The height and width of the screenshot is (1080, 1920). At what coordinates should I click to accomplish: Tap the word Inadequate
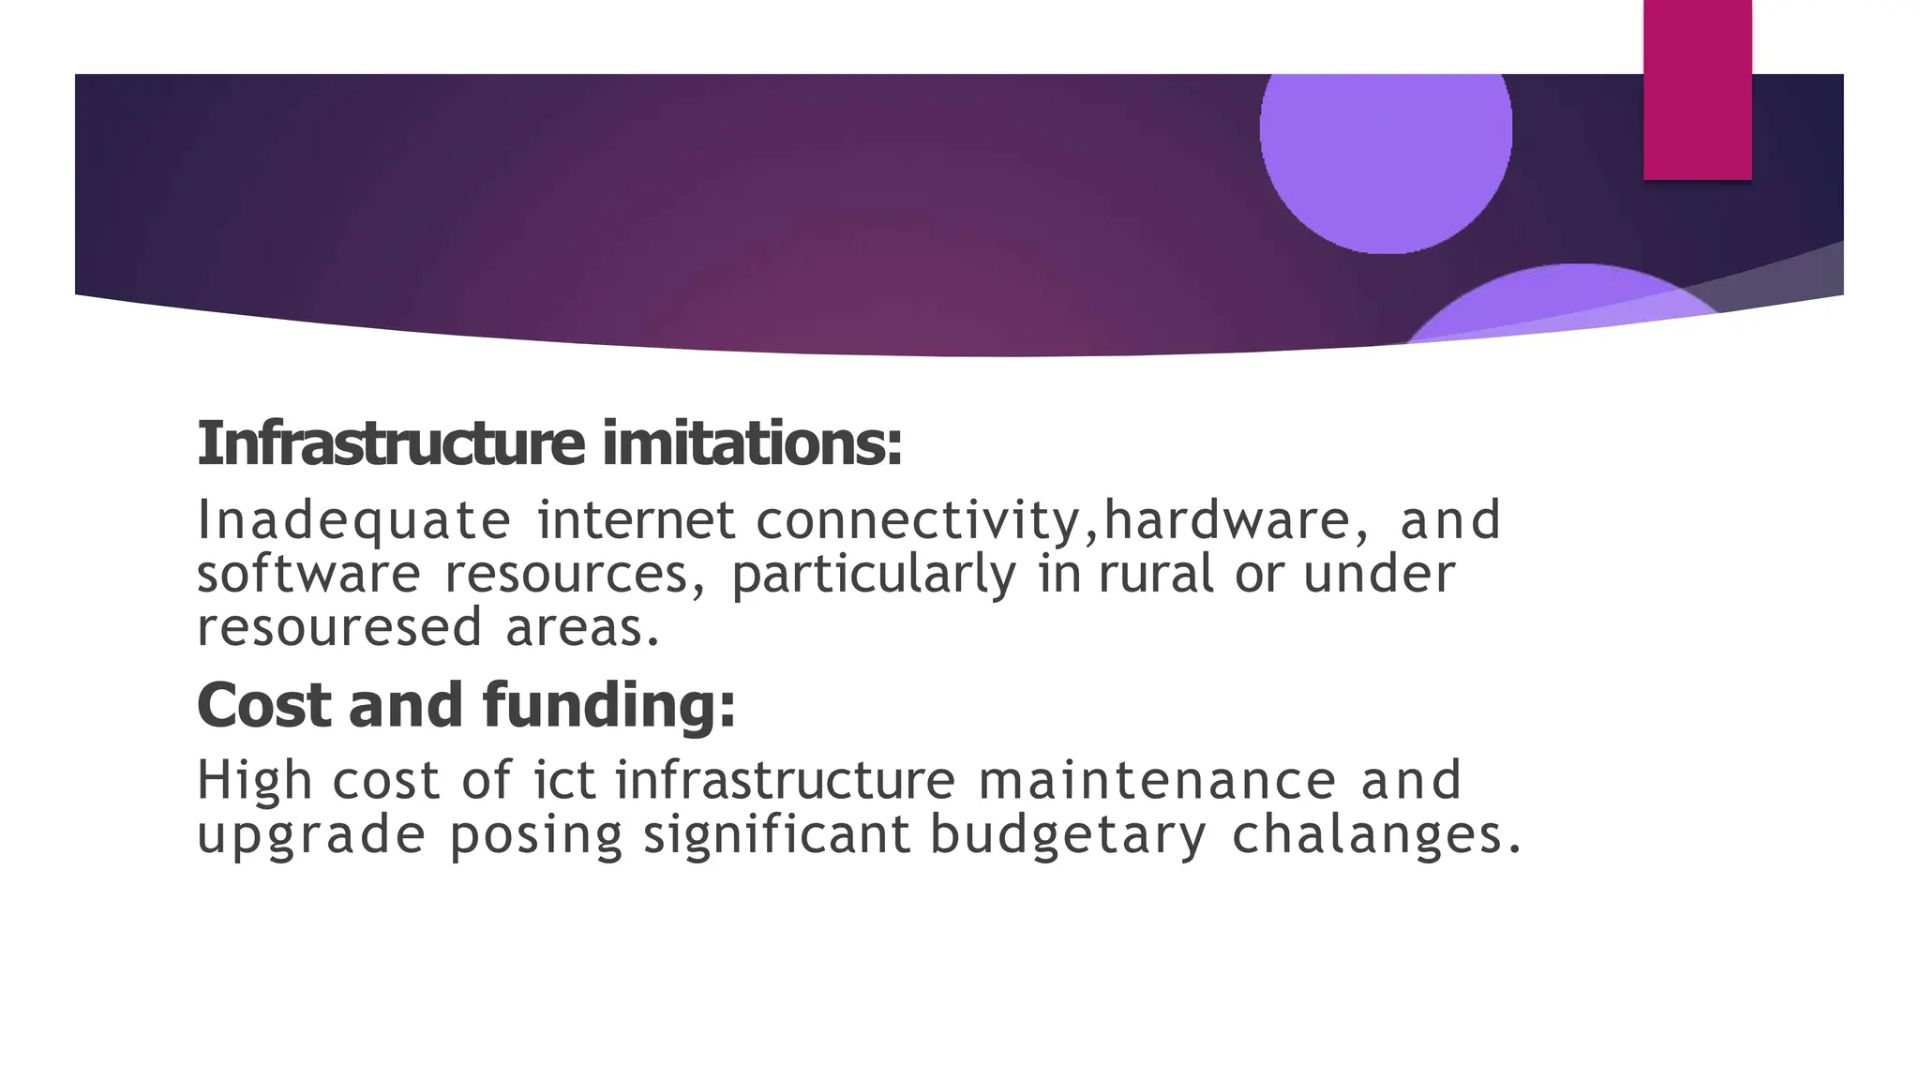tap(353, 521)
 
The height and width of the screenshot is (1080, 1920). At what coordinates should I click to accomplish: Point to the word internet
tap(637, 521)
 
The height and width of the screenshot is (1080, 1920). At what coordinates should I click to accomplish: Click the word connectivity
tap(919, 521)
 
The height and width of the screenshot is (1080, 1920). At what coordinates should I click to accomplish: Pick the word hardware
tap(1226, 521)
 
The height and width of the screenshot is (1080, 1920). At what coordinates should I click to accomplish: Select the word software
tap(308, 574)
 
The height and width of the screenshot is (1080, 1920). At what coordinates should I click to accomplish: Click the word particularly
tap(874, 576)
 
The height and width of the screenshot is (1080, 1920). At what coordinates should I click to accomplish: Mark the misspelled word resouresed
tap(339, 627)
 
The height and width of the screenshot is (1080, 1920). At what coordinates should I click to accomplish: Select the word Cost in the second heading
tap(264, 705)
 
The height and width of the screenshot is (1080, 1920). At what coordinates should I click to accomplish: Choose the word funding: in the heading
tap(609, 705)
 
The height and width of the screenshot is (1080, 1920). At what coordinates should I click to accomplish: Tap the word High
tap(253, 781)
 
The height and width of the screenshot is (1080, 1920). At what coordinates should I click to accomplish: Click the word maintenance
tap(1157, 781)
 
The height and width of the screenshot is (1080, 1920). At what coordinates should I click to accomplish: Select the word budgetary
tap(1068, 836)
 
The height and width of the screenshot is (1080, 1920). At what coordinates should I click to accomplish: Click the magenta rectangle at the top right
tap(1697, 89)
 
